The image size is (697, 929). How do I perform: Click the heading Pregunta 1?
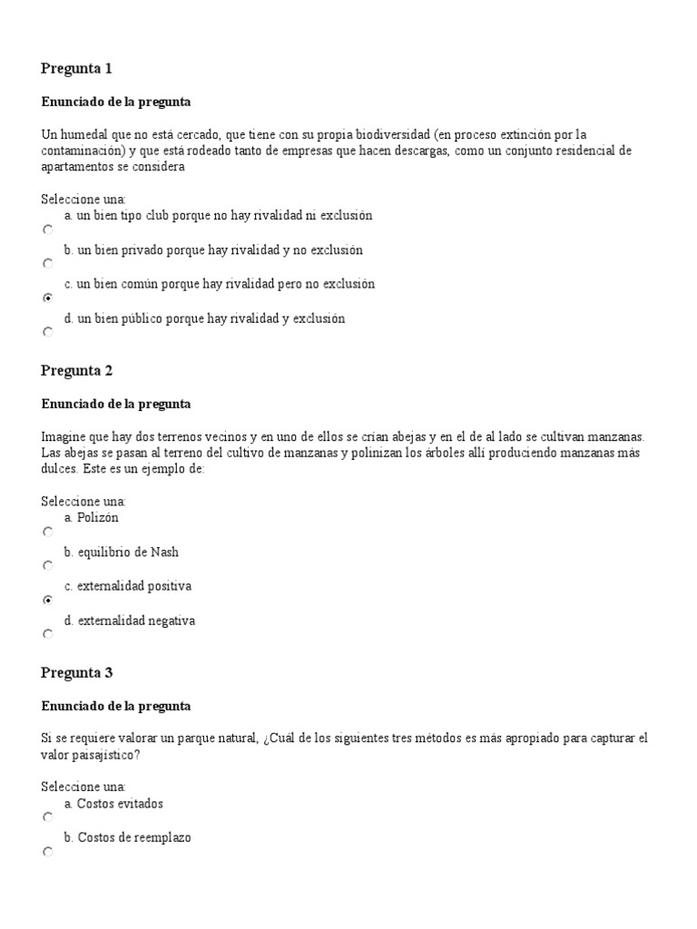76,69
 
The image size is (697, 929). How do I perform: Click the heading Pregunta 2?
76,370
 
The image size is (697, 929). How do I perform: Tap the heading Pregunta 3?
76,673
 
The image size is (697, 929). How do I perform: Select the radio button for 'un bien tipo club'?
48,230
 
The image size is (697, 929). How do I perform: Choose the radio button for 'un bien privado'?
48,264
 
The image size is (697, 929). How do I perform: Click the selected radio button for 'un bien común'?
48,298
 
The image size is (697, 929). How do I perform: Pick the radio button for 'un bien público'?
48,332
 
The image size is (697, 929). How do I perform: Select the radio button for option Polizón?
48,533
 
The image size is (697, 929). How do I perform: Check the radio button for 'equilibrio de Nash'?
48,566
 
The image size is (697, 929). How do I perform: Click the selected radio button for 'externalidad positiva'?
48,600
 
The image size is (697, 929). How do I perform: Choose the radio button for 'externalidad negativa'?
48,634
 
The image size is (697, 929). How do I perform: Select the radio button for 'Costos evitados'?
48,817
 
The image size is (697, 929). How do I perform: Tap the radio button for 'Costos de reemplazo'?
48,852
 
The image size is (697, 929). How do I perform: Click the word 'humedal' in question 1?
84,134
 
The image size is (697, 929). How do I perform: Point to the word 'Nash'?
164,552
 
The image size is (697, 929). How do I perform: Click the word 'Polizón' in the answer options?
98,518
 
